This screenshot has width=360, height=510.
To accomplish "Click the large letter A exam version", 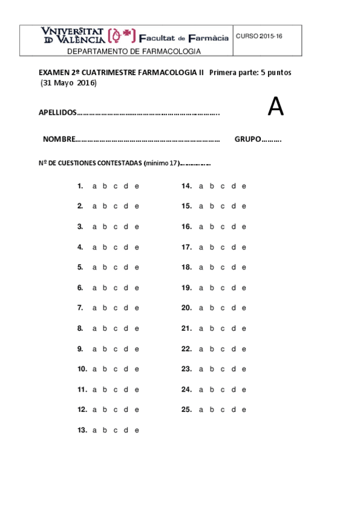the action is click(275, 107).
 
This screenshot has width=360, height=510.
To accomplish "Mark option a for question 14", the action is click(201, 186).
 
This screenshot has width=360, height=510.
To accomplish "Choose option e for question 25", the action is click(244, 410).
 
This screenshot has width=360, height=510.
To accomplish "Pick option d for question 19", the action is click(233, 288).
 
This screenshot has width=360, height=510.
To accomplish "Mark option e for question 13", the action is click(137, 430).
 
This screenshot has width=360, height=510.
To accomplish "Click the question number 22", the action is click(186, 349).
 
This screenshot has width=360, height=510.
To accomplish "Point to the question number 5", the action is click(80, 268).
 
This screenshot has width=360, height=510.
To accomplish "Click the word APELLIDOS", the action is click(58, 112).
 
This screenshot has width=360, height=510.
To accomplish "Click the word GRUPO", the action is click(248, 140).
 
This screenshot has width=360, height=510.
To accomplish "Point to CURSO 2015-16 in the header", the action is click(258, 37).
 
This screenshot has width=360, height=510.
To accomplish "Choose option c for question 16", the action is click(222, 227).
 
